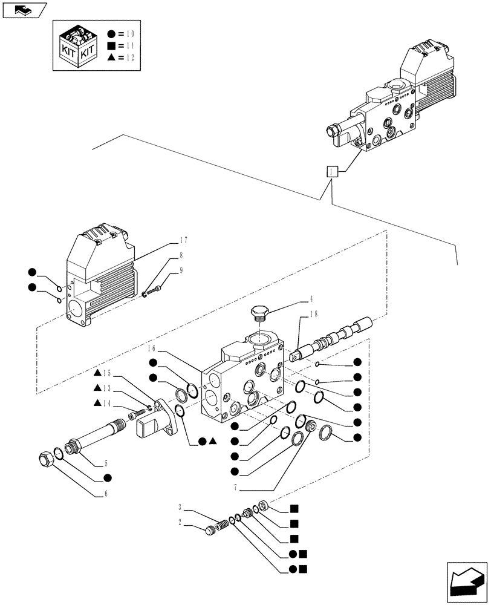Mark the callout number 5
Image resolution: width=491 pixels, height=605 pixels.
point(105,464)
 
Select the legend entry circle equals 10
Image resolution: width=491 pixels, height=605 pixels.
point(122,34)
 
